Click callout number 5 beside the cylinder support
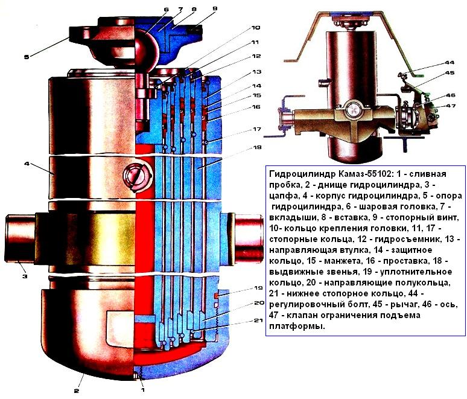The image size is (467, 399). pos(27,56)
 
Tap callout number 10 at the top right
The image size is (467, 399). pos(256,28)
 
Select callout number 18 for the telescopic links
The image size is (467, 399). pos(257,147)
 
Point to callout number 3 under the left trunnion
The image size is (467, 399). pos(25,276)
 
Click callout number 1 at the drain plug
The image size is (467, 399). pos(142,389)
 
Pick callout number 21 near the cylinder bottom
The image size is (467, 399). pos(258,321)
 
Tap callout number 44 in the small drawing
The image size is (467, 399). pos(450,63)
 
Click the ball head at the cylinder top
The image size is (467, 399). pos(147,49)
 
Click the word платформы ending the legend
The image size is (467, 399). pos(297,327)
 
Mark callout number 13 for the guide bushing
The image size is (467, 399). pos(256,72)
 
